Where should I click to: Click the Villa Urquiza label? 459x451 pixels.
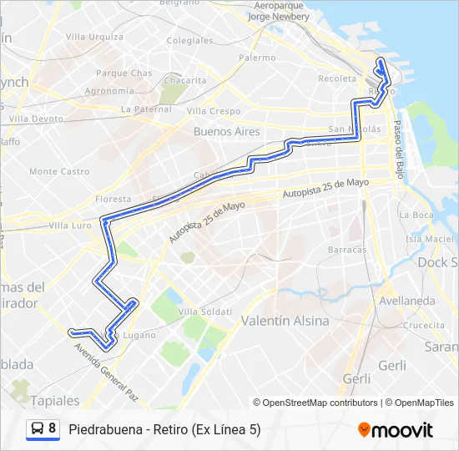click(x=94, y=37)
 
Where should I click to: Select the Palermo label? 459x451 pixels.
click(x=257, y=58)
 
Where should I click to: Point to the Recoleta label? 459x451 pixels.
click(x=337, y=79)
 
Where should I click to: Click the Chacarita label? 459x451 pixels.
click(x=185, y=80)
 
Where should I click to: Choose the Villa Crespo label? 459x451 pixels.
click(x=214, y=111)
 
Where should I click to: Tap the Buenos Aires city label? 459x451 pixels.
click(x=226, y=132)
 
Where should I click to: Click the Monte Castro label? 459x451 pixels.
click(x=59, y=171)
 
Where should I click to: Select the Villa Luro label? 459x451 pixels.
click(x=69, y=225)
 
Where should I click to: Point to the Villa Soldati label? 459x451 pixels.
click(x=203, y=312)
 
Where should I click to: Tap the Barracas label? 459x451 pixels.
click(x=347, y=250)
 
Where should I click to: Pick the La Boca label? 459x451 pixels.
click(x=416, y=215)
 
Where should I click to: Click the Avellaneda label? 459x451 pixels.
click(x=407, y=301)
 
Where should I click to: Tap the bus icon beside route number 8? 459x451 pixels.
click(x=38, y=428)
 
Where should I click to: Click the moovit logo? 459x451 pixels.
click(x=396, y=430)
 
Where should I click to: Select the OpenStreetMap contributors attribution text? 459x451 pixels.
click(x=320, y=403)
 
